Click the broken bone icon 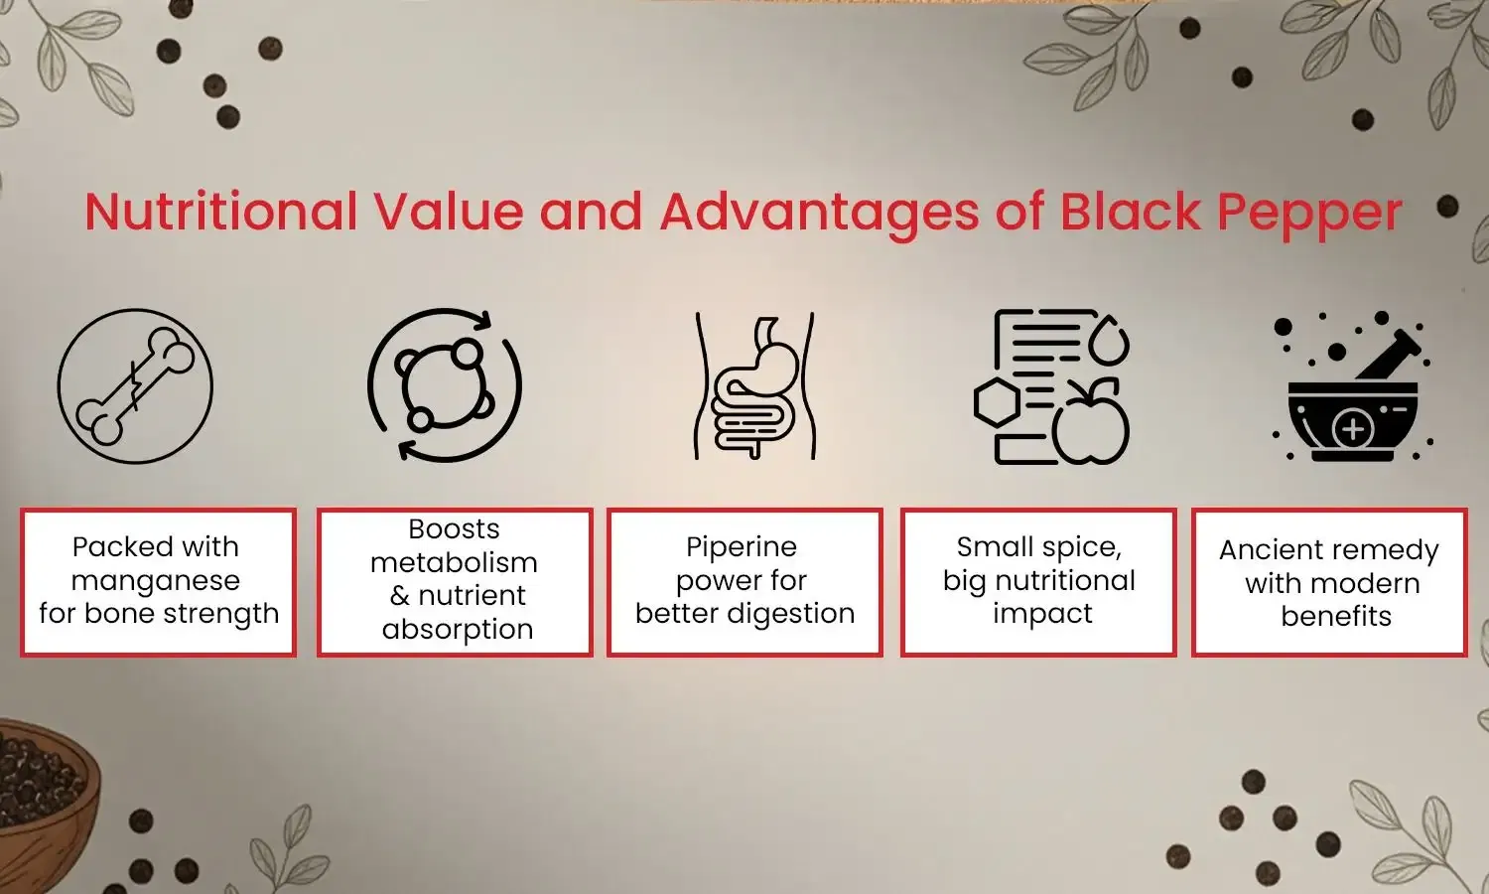(x=135, y=385)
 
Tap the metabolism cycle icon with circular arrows (x=445, y=385)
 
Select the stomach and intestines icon (x=754, y=387)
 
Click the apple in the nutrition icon (x=1091, y=425)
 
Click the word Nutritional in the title (x=220, y=212)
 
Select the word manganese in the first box (x=156, y=581)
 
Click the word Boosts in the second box (x=455, y=529)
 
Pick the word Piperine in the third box (x=742, y=547)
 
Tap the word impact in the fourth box (x=1042, y=614)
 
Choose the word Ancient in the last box (x=1267, y=550)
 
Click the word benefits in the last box (x=1336, y=617)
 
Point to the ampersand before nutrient (x=400, y=596)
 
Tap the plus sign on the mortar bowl (x=1353, y=430)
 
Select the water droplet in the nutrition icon (x=1109, y=341)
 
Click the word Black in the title (x=1131, y=212)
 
